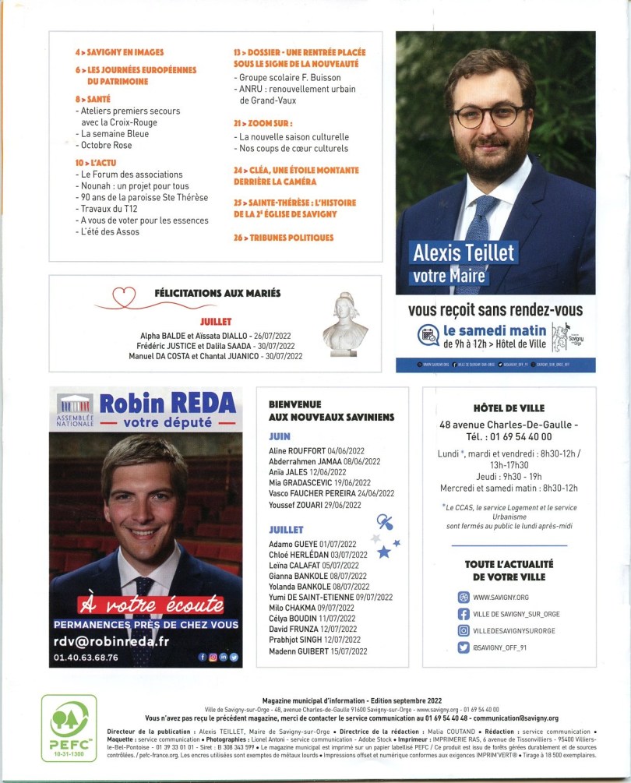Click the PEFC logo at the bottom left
point(69,728)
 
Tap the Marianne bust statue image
point(345,323)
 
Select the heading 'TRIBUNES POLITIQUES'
point(284,238)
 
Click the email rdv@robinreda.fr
point(111,640)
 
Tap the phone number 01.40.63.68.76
point(86,658)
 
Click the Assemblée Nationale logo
point(76,410)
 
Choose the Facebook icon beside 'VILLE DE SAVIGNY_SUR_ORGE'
point(464,613)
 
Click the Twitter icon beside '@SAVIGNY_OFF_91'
point(464,647)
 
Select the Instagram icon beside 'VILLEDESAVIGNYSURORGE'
point(464,630)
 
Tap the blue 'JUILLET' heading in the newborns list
point(286,529)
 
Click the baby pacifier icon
point(384,522)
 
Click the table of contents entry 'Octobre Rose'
point(107,146)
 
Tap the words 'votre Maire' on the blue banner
point(448,275)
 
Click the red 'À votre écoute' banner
point(150,605)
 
